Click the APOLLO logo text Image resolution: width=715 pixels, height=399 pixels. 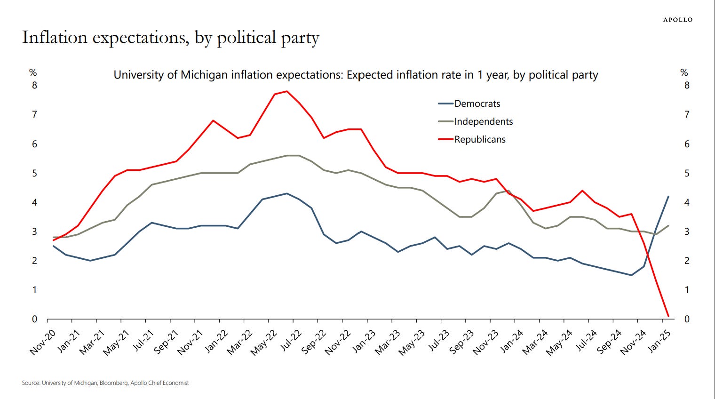point(677,20)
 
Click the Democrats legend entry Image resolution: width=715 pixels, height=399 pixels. point(477,104)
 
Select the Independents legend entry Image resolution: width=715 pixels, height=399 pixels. point(483,121)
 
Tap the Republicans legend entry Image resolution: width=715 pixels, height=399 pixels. point(480,139)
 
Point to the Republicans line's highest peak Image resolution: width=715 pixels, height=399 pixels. point(287,91)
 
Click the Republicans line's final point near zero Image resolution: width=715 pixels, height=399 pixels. point(667,316)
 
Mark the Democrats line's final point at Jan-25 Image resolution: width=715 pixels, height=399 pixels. point(668,197)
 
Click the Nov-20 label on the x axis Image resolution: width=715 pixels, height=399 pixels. point(43,342)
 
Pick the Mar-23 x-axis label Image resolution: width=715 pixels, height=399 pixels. point(388,342)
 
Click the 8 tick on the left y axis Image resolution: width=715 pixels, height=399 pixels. point(34,85)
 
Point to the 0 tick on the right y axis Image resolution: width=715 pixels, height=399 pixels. point(687,319)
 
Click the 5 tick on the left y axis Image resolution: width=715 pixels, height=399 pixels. point(34,173)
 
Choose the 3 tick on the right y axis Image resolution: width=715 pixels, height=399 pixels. point(687,231)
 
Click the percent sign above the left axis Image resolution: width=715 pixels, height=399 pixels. point(33,72)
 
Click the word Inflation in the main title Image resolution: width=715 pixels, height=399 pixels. point(55,37)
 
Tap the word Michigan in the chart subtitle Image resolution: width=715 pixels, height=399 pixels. point(202,75)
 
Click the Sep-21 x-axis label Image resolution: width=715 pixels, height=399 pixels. point(167,342)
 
